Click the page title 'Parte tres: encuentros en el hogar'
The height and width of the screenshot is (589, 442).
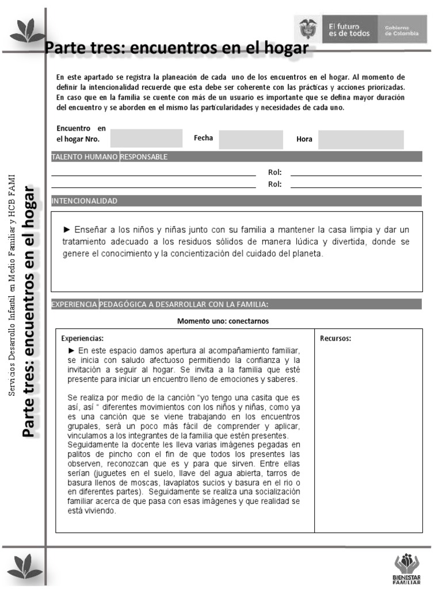177,48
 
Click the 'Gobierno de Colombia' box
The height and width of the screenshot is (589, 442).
402,30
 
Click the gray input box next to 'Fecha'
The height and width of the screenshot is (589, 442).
250,139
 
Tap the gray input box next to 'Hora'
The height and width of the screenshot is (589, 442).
361,139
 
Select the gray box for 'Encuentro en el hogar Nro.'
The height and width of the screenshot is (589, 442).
146,139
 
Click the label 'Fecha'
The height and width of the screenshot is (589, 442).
203,138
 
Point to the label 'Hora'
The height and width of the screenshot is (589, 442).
304,139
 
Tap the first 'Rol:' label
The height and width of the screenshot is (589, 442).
275,173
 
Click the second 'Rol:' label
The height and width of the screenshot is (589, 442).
275,185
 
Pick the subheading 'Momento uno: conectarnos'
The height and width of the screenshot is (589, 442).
223,321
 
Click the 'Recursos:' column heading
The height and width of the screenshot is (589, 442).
336,338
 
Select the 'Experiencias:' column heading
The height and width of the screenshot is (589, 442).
82,338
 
